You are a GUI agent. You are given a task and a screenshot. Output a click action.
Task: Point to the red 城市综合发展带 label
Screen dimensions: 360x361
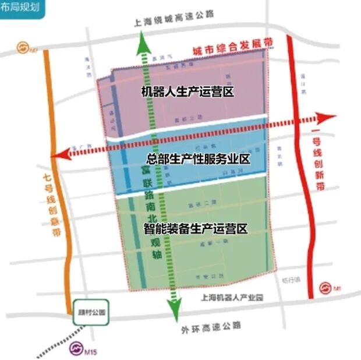tap(226, 48)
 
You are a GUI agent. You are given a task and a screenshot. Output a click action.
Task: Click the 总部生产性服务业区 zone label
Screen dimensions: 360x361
tap(198, 158)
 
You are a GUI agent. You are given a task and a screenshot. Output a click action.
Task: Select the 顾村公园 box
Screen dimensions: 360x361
tap(91, 312)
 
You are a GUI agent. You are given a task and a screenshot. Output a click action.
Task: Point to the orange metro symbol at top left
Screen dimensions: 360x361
tap(23, 46)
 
